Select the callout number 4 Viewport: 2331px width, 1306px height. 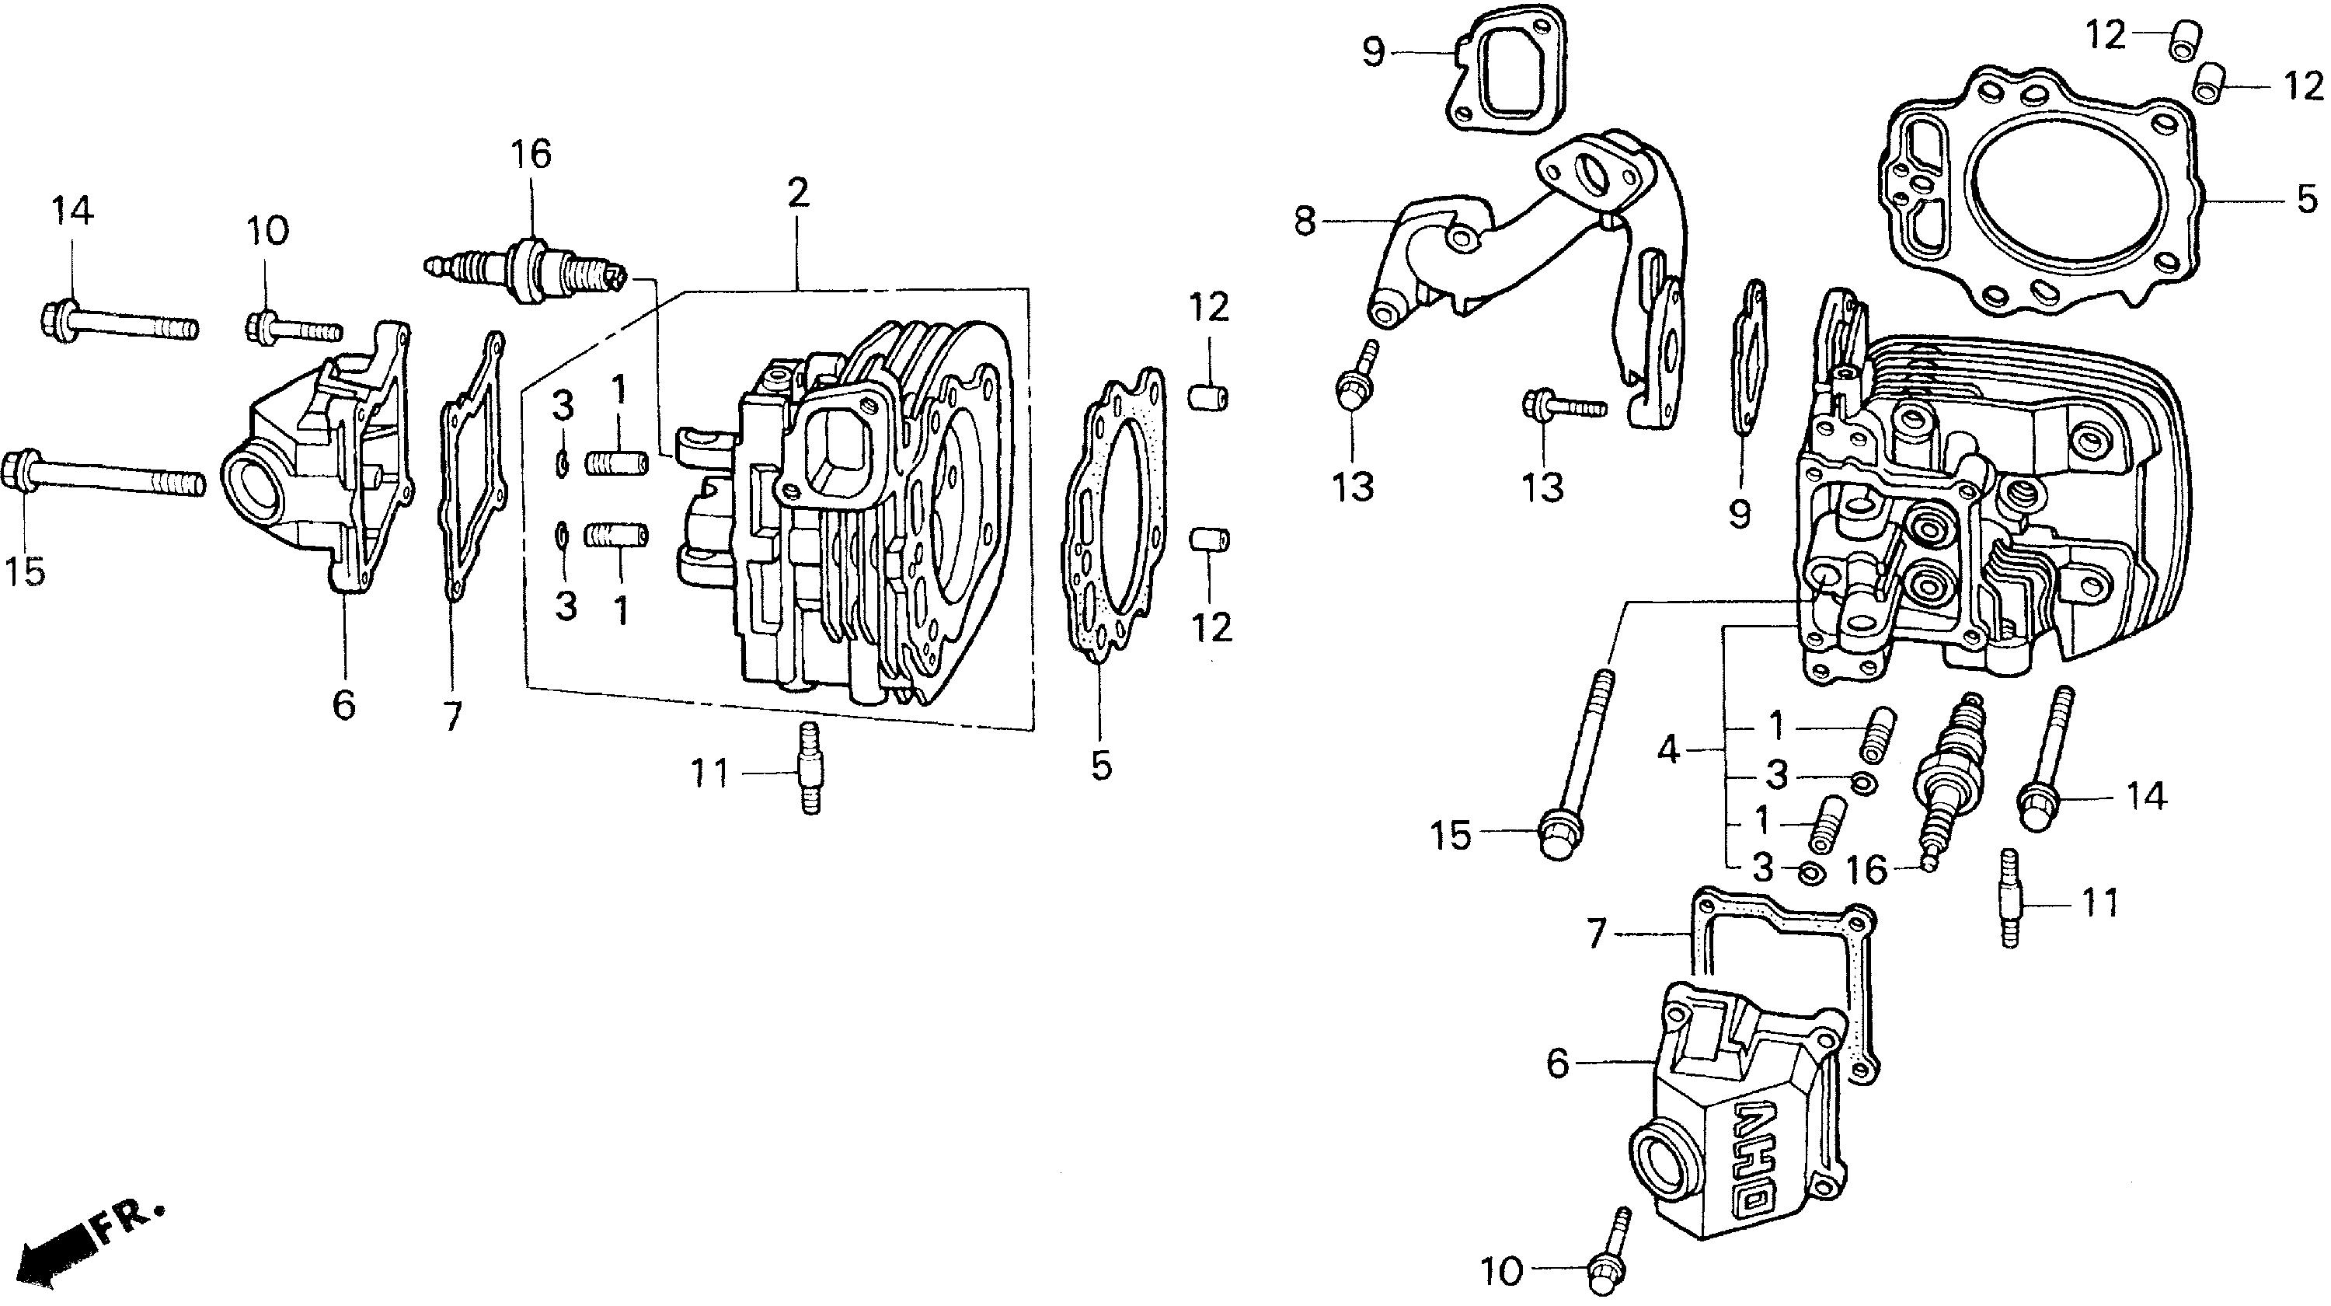tap(1667, 749)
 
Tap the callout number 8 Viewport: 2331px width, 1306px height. tap(1305, 220)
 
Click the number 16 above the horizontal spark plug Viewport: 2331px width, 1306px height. tap(531, 155)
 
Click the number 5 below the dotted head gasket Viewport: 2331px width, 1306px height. tap(1100, 766)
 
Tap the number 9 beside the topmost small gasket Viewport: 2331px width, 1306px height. tap(1374, 53)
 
